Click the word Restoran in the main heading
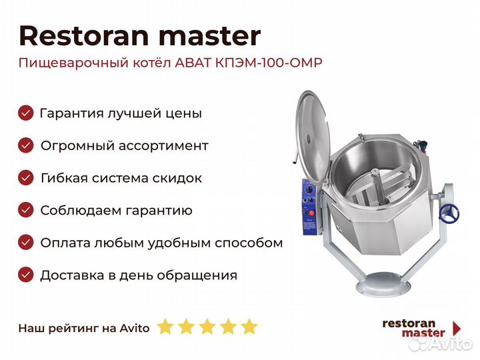click(x=84, y=36)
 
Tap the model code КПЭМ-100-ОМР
click(x=269, y=63)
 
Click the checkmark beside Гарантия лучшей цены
click(x=26, y=113)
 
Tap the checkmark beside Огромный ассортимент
click(x=26, y=145)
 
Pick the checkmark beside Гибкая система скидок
click(x=26, y=177)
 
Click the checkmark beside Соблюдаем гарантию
click(x=26, y=210)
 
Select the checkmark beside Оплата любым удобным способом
click(x=26, y=243)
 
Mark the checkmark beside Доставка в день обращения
click(x=26, y=275)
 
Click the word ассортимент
click(x=163, y=146)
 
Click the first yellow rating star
click(x=165, y=327)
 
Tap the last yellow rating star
click(x=249, y=327)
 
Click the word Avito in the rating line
click(x=135, y=328)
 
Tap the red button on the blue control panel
click(x=311, y=213)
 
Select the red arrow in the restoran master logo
click(x=457, y=329)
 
